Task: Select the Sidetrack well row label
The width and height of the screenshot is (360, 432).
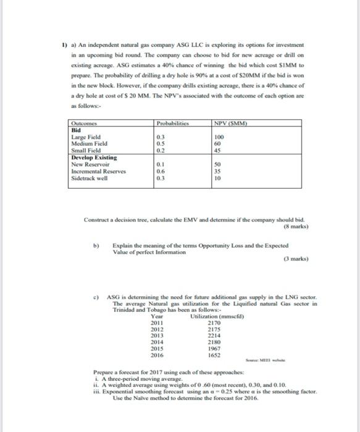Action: click(90, 178)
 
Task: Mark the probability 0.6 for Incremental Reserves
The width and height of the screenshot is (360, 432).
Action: click(161, 171)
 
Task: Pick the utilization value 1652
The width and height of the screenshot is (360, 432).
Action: click(214, 356)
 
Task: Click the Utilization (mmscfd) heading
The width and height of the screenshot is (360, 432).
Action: click(214, 316)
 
